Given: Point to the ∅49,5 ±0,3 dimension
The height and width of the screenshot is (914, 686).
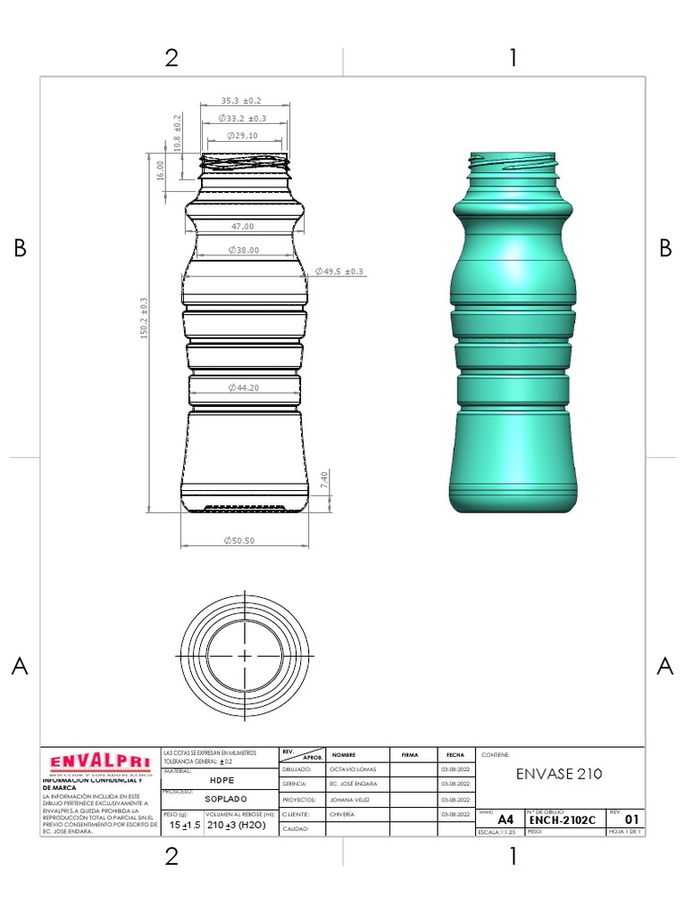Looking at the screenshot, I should (340, 270).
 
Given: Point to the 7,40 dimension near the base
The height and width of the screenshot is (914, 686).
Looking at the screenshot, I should (325, 478).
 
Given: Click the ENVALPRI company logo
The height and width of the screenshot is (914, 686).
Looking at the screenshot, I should (99, 762).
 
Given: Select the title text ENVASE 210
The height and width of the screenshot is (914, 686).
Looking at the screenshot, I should (559, 774).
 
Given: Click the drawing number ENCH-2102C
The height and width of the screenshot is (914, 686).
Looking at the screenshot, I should (562, 818).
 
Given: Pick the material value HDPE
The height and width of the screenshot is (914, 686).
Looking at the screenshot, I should (221, 778).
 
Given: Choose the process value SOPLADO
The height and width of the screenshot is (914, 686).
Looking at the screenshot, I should (221, 799).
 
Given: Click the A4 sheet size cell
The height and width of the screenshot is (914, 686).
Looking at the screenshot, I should (506, 818).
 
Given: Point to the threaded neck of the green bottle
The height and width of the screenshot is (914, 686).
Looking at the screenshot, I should (514, 164).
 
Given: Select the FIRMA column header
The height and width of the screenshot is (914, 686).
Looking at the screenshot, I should (410, 754).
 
